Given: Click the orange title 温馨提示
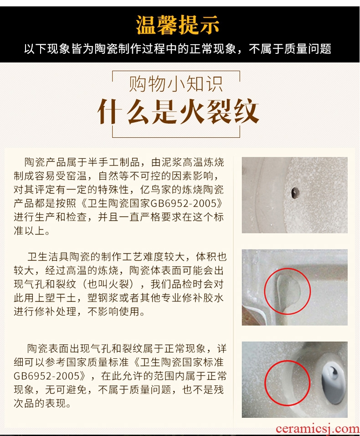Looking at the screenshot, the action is pos(178,25).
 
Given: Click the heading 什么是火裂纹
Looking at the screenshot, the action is pos(178,111).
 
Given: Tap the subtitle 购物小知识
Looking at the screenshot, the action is pos(176,84).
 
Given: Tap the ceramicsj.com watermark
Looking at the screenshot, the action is pos(318,429).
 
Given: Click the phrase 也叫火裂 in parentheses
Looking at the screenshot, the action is pos(108,284).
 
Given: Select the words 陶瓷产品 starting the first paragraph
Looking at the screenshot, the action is pos(45,162).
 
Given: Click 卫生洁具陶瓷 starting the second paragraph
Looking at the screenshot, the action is pos(59,257).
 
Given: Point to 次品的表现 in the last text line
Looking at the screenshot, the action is pos(40,403).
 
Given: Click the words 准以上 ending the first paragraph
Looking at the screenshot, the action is pos(30,231).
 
